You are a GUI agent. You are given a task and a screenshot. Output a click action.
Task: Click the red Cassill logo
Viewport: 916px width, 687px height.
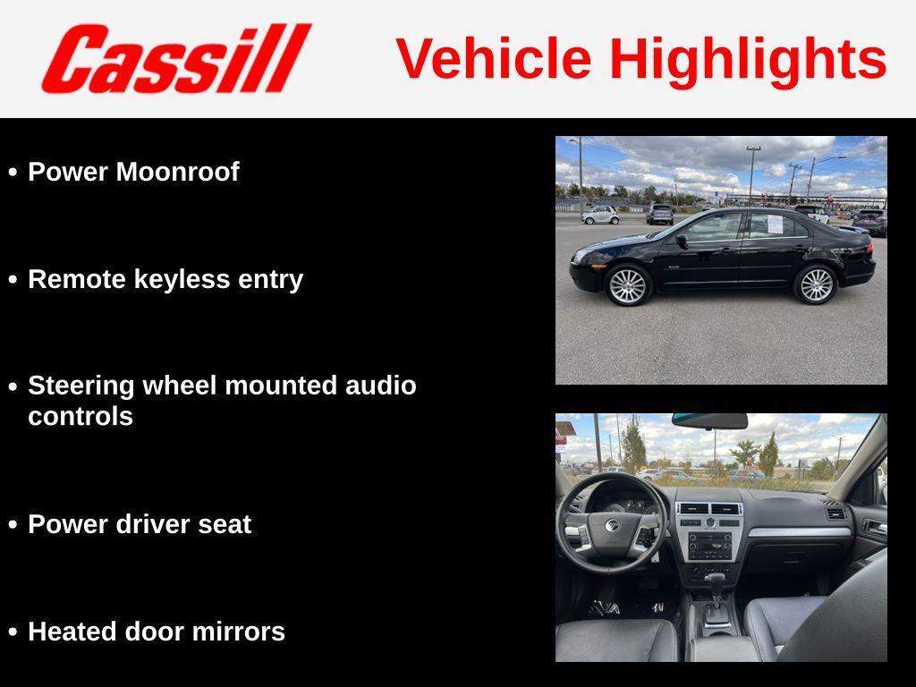[x=175, y=59]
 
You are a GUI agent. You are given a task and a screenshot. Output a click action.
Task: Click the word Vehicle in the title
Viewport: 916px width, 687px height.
[x=493, y=59]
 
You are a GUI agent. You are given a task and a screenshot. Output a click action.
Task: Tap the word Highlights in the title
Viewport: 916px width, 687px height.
[x=748, y=59]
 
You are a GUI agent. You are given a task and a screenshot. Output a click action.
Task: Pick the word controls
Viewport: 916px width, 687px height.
[x=81, y=416]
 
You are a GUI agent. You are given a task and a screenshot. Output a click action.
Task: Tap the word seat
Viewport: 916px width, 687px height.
[x=227, y=524]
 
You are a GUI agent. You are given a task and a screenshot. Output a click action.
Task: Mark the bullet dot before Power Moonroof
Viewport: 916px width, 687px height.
[x=13, y=172]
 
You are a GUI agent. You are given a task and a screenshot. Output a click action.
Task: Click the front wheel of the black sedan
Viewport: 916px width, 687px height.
[x=627, y=285]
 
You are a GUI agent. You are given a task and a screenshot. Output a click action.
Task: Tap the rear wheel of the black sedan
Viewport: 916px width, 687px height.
[x=815, y=284]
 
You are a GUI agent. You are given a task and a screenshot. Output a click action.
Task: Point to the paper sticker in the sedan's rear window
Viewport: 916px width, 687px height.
[x=775, y=225]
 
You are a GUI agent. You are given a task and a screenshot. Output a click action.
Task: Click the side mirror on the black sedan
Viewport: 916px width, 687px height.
[x=682, y=241]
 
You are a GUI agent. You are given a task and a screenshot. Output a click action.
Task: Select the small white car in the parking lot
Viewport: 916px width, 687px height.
[x=600, y=215]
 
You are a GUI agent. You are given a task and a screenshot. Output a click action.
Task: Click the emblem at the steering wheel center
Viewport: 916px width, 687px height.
[x=612, y=525]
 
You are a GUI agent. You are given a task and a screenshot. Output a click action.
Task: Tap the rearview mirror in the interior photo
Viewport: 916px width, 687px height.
[x=709, y=420]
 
